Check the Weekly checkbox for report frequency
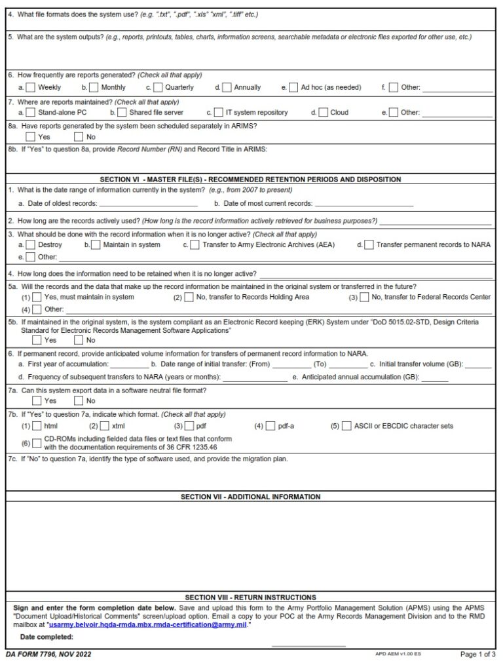pyautogui.click(x=31, y=87)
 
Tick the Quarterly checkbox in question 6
pyautogui.click(x=158, y=87)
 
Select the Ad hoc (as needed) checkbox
pyautogui.click(x=293, y=87)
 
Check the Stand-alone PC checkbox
pyautogui.click(x=31, y=112)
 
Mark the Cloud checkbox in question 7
pyautogui.click(x=323, y=112)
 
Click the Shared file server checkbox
pyautogui.click(x=122, y=112)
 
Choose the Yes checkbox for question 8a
pyautogui.click(x=31, y=137)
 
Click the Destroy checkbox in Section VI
pyautogui.click(x=31, y=244)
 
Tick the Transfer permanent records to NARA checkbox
pyautogui.click(x=369, y=244)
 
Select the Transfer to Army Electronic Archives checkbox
pyautogui.click(x=195, y=244)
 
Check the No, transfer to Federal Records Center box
pyautogui.click(x=363, y=297)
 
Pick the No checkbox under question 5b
pyautogui.click(x=79, y=340)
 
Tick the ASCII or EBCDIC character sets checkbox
pyautogui.click(x=346, y=426)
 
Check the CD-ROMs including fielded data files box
pyautogui.click(x=37, y=443)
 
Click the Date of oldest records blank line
pyautogui.click(x=148, y=204)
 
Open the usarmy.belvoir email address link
pyautogui.click(x=148, y=625)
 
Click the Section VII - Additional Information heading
pyautogui.click(x=251, y=497)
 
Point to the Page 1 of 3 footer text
pyautogui.click(x=477, y=654)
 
